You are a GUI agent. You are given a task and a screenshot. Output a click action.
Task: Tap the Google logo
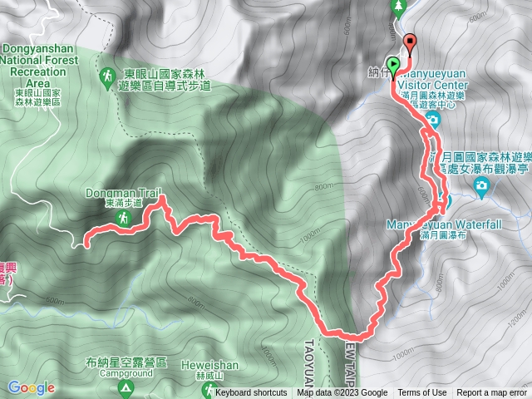pos(31,387)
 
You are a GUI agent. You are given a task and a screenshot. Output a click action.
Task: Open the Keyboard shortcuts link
pos(250,393)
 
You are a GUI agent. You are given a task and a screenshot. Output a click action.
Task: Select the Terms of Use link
pos(422,393)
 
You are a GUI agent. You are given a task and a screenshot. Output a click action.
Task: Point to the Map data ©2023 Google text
pos(342,393)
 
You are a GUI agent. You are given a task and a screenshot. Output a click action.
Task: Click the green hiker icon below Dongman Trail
pos(122,218)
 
